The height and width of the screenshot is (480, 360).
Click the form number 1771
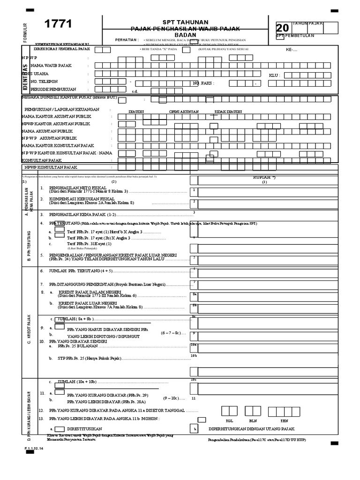pos(58,24)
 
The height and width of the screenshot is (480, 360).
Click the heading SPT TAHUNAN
pos(185,22)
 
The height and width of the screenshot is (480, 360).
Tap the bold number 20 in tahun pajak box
pos(283,29)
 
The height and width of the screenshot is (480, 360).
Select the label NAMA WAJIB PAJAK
pos(51,66)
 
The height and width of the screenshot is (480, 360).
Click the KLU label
pos(274,75)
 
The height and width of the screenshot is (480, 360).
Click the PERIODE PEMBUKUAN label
pos(53,89)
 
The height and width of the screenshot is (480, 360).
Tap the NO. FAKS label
pos(203,83)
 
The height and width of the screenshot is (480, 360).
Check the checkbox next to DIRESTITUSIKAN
pos(60,428)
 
